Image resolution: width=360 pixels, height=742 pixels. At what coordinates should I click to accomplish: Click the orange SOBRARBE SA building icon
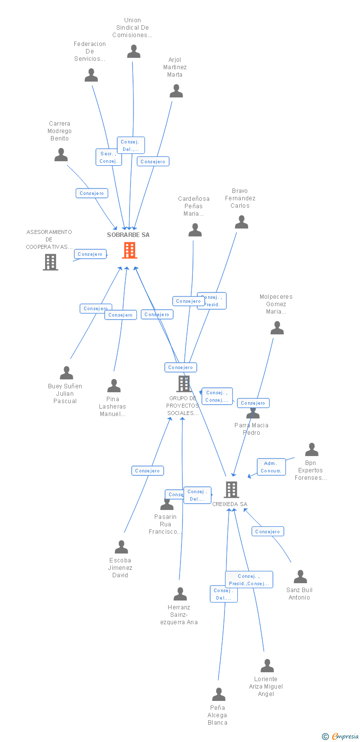click(x=130, y=250)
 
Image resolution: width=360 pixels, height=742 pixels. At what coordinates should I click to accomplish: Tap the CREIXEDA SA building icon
click(x=231, y=490)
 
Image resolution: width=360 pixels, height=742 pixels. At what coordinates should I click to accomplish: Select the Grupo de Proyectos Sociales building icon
click(x=183, y=383)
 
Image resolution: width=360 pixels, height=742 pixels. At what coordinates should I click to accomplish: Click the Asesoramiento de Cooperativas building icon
click(x=50, y=262)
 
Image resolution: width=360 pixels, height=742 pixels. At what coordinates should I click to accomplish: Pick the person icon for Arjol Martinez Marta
click(x=176, y=91)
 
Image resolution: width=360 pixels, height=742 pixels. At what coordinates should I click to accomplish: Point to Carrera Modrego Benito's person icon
click(x=61, y=155)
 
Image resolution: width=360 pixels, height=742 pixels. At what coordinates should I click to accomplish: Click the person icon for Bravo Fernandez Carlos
click(x=241, y=222)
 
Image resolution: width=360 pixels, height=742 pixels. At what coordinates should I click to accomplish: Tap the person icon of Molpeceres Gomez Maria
click(x=277, y=328)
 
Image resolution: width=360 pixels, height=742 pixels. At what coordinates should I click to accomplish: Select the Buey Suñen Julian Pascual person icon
click(x=66, y=373)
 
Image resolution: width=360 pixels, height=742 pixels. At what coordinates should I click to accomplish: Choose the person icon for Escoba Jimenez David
click(x=121, y=547)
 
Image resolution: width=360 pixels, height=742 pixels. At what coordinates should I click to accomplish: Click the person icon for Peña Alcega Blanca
click(x=219, y=695)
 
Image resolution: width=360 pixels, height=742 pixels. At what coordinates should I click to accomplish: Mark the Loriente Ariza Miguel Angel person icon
click(x=267, y=666)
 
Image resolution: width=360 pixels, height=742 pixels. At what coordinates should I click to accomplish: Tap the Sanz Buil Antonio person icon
click(x=300, y=577)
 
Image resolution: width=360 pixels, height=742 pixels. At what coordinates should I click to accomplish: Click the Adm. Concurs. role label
click(x=271, y=467)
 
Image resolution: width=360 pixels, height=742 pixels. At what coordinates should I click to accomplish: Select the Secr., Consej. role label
click(x=108, y=157)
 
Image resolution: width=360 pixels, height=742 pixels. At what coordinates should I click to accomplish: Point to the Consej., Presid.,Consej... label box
click(x=249, y=580)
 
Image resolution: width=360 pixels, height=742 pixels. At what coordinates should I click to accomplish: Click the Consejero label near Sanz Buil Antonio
click(x=268, y=532)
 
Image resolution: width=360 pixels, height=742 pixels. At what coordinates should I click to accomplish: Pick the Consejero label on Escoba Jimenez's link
click(x=147, y=471)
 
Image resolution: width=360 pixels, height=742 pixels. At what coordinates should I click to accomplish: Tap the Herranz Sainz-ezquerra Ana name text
click(x=179, y=615)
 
